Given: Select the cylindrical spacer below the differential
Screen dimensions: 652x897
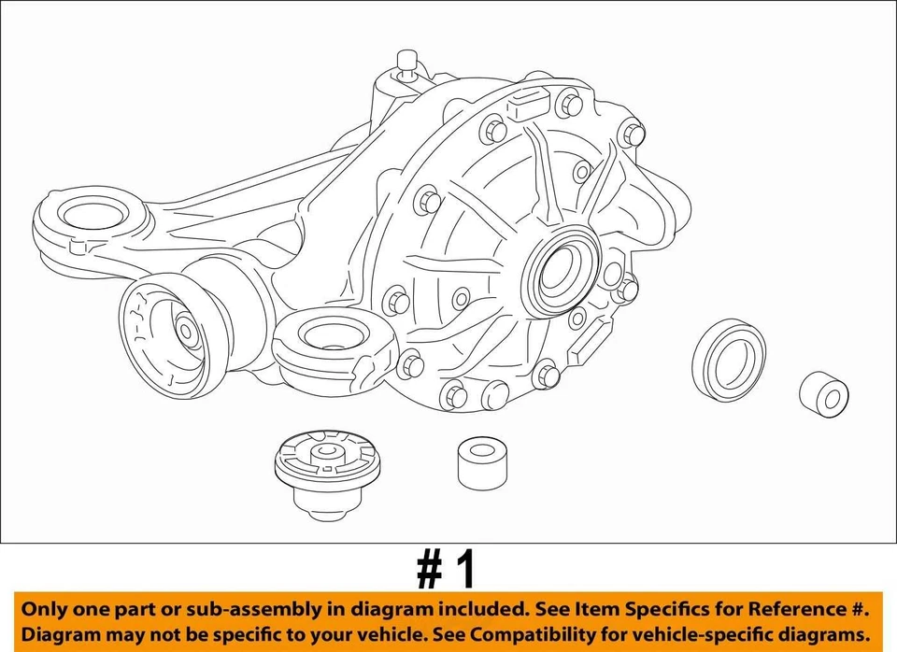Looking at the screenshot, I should point(482,462).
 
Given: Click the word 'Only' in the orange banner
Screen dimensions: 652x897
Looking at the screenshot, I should point(48,609).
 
